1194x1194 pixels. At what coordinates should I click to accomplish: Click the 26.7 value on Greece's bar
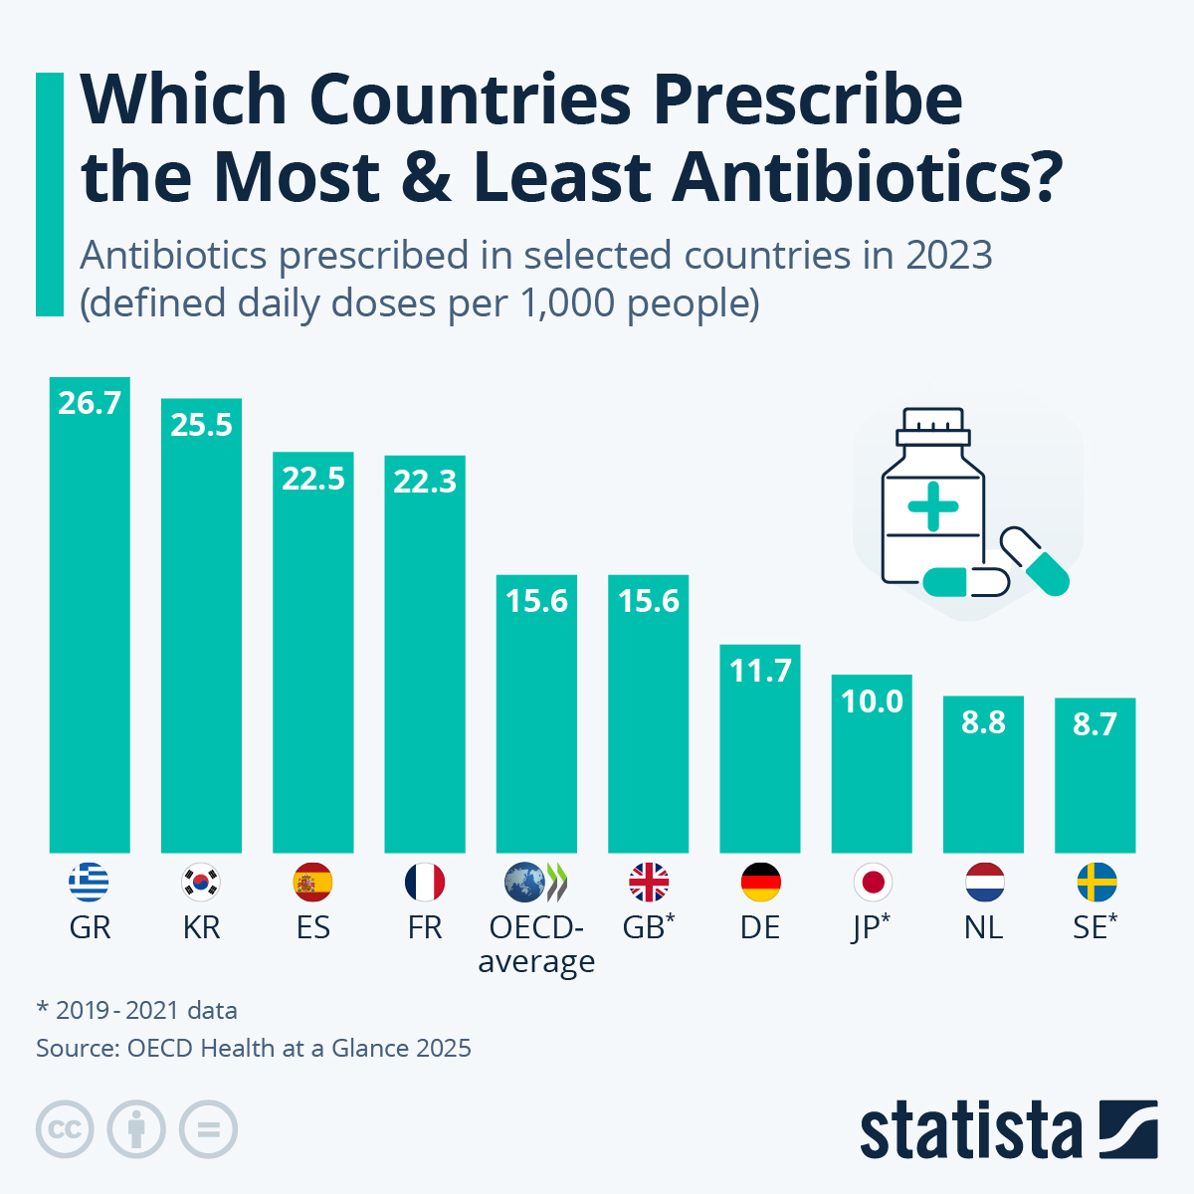[x=90, y=403]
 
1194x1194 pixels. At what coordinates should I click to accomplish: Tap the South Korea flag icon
[x=201, y=882]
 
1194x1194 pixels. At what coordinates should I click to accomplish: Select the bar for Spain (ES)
[x=312, y=657]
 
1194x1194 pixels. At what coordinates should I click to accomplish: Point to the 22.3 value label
[x=425, y=482]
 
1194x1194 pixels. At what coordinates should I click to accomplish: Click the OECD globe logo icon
[x=524, y=882]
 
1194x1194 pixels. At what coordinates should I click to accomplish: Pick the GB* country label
[x=648, y=927]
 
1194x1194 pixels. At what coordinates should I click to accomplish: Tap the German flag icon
[x=760, y=882]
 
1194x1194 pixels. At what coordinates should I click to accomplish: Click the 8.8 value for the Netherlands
[x=983, y=722]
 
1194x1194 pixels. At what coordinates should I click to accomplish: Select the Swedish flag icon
[x=1095, y=882]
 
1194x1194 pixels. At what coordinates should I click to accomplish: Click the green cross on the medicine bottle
[x=932, y=506]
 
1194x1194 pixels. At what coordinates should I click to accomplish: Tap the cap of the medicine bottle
[x=932, y=428]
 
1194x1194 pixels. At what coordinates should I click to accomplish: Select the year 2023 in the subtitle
[x=948, y=256]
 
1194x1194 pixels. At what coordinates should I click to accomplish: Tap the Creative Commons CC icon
[x=65, y=1130]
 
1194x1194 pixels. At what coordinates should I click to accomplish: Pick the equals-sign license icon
[x=209, y=1130]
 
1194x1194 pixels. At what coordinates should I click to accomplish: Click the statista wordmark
[x=970, y=1131]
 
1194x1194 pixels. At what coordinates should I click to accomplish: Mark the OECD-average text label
[x=536, y=944]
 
